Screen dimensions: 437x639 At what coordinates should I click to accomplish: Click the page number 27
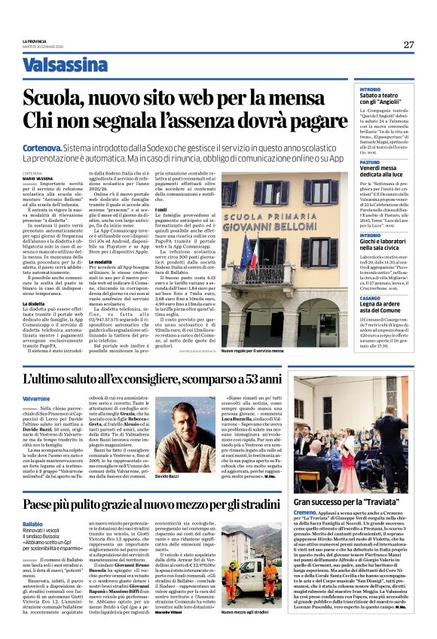408,44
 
